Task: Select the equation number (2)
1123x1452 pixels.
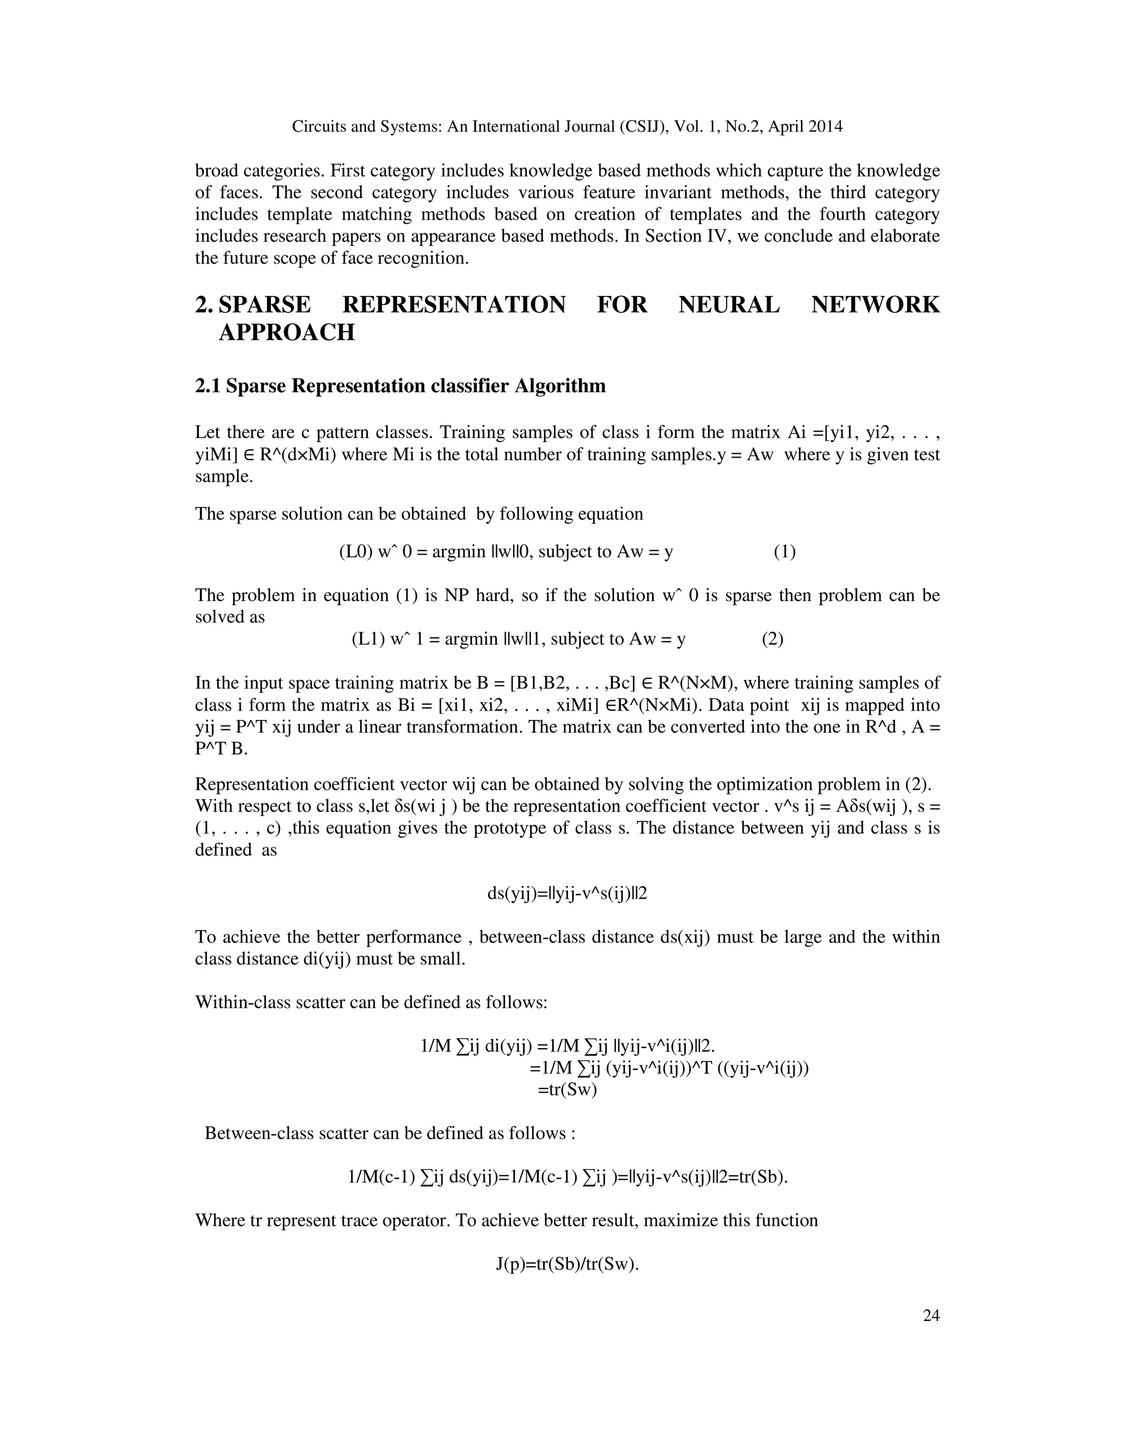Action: pyautogui.click(x=773, y=639)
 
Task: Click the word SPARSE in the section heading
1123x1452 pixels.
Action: pyautogui.click(x=264, y=305)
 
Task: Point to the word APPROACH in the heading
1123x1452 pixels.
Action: pyautogui.click(x=287, y=331)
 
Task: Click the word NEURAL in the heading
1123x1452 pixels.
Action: pyautogui.click(x=729, y=305)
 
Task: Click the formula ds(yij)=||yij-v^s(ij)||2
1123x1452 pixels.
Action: pyautogui.click(x=567, y=894)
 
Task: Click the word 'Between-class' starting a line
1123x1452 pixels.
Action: pyautogui.click(x=252, y=1133)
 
